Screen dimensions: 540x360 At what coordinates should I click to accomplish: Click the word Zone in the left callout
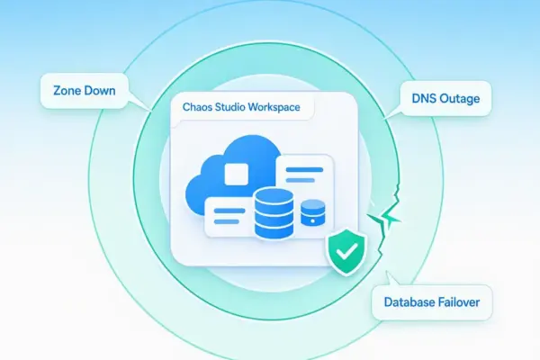coord(67,91)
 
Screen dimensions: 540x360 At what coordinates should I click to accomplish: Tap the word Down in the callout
coord(100,91)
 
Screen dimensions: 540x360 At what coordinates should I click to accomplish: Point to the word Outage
coord(460,99)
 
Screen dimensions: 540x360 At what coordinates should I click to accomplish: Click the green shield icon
coord(347,251)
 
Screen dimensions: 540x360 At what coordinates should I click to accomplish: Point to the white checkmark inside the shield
coord(347,251)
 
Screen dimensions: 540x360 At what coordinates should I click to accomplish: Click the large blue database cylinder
coord(274,213)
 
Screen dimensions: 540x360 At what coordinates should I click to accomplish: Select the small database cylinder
coord(312,213)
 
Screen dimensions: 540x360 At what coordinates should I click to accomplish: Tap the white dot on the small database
coord(312,220)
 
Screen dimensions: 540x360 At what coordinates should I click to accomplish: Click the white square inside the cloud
coord(236,174)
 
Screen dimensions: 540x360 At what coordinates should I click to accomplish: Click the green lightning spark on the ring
coord(384,217)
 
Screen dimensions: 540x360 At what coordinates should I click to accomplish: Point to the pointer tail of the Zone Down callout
coord(139,103)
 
